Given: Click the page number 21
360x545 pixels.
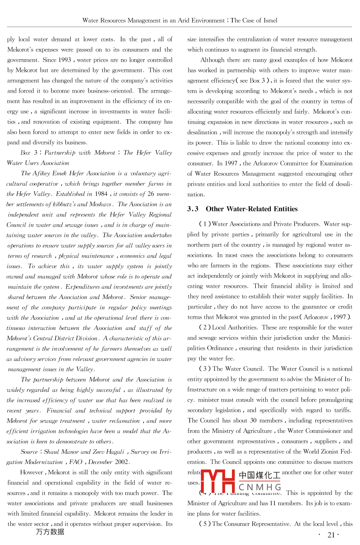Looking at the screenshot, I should click(331, 535).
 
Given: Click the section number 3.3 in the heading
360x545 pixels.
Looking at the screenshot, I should click(193, 209).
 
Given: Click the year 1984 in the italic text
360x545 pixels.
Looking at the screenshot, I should click(101, 194).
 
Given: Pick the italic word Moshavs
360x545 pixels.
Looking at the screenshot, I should click(100, 204).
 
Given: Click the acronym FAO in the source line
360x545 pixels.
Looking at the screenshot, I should click(76, 462).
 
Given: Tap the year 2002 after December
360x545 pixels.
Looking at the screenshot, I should click(122, 462).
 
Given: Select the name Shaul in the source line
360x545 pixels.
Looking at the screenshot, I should click(51, 452).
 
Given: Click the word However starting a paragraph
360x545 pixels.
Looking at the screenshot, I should click(32, 472).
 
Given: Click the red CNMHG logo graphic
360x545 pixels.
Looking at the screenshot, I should click(218, 481).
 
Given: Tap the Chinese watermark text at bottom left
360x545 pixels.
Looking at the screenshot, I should click(50, 532).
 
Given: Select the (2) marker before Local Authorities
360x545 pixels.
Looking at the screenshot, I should click(204, 328).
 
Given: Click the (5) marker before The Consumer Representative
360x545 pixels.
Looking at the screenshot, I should click(204, 524).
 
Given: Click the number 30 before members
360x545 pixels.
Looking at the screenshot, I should click(253, 421).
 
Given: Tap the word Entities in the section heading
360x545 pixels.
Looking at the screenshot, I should click(283, 209).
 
